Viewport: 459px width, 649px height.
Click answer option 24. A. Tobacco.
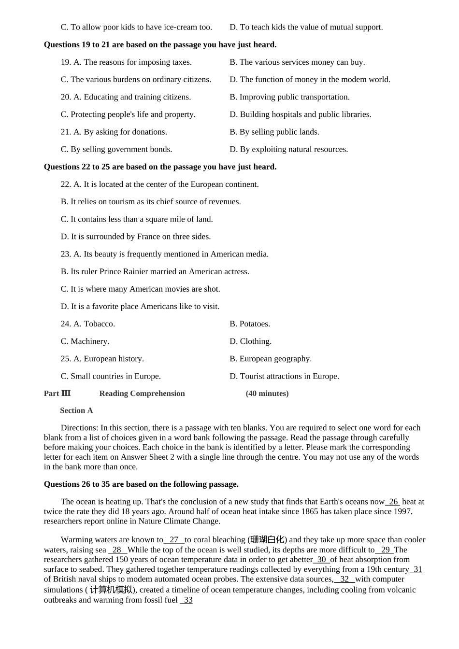[x=87, y=324]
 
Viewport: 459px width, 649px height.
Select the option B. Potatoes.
[x=250, y=324]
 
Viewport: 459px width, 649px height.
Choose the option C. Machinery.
[x=85, y=341]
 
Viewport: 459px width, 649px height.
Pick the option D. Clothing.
[x=250, y=341]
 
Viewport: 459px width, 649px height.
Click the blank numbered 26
[x=393, y=502]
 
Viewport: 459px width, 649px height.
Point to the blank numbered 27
[x=174, y=540]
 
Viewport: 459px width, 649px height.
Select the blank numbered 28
[x=117, y=550]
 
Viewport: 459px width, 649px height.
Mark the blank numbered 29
[x=385, y=550]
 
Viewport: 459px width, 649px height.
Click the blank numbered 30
[x=322, y=560]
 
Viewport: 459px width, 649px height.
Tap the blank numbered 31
[x=417, y=569]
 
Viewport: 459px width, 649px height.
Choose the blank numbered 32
[x=344, y=579]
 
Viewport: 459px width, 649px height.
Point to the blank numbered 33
[x=187, y=600]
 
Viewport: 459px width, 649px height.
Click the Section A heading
[x=76, y=410]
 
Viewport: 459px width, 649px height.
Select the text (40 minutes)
[x=267, y=394]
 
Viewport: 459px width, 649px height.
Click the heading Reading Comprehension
[x=142, y=394]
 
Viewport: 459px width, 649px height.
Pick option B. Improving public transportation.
[x=289, y=97]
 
